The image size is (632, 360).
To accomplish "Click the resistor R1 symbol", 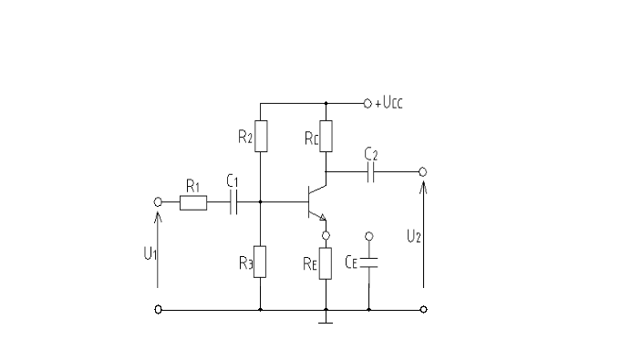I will (192, 203).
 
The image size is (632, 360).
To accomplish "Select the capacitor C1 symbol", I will (234, 203).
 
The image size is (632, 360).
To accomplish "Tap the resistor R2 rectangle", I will (261, 137).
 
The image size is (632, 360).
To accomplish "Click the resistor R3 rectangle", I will (261, 261).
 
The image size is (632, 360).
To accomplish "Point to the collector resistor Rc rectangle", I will (326, 136).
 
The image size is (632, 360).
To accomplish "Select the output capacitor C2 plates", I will (371, 171).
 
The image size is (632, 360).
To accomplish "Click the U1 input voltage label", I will (151, 252).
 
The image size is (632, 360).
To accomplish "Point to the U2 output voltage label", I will (413, 235).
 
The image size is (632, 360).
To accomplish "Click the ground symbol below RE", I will (326, 320).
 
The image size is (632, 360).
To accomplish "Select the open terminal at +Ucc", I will (368, 103).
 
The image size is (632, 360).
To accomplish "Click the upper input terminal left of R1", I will (159, 203).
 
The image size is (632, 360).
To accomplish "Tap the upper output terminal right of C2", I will (422, 171).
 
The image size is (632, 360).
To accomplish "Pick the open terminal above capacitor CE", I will (368, 236).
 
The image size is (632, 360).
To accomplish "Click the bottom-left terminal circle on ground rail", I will (159, 310).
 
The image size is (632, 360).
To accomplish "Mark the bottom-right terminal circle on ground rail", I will (423, 310).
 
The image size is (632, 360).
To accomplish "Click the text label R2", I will (245, 138).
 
